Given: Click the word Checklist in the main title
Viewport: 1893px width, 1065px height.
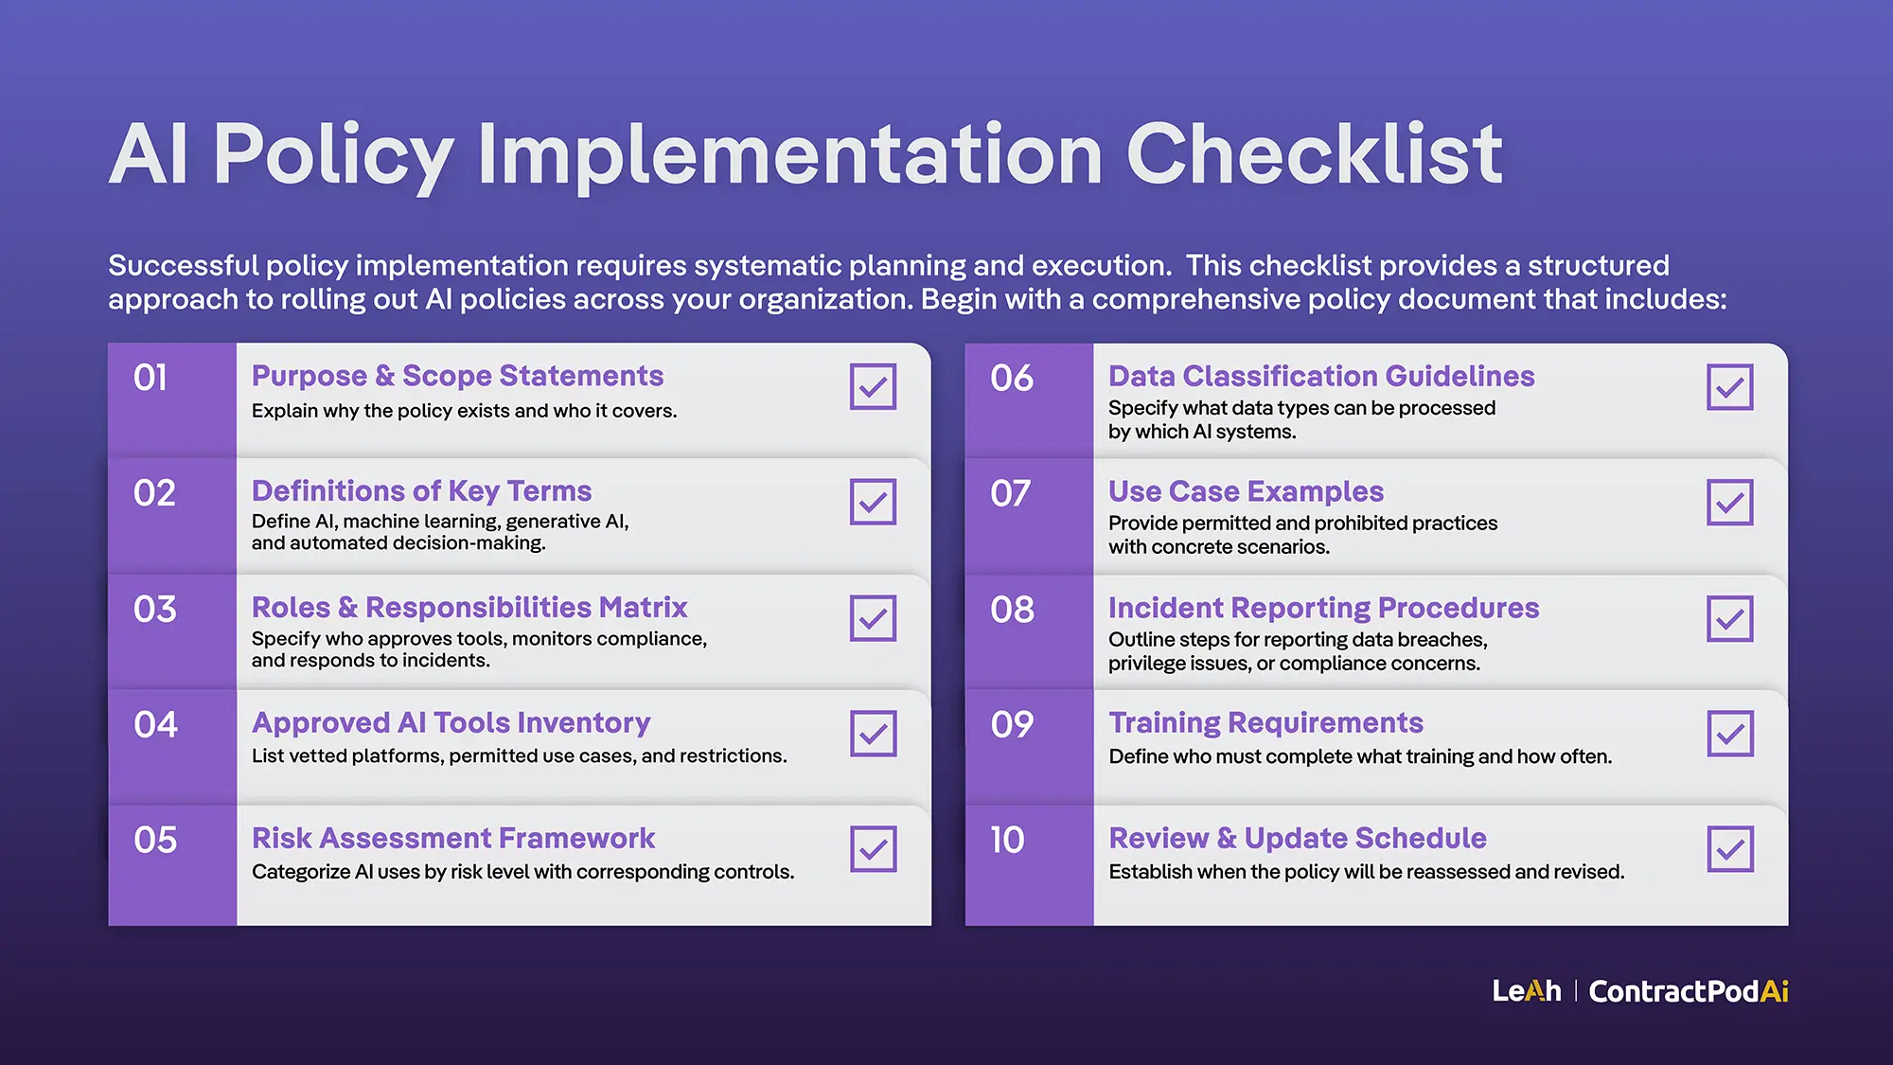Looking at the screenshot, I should (1313, 154).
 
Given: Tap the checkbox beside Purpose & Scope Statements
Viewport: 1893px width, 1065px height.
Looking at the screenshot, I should (873, 386).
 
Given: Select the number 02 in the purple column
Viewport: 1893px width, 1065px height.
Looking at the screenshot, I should (154, 493).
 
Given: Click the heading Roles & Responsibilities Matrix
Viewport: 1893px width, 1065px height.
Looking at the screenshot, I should (469, 607).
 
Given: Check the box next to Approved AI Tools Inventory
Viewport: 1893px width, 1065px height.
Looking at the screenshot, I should (873, 734).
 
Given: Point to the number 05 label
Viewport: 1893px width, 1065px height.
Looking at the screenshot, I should (155, 840).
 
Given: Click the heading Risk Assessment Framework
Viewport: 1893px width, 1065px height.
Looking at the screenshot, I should (453, 838).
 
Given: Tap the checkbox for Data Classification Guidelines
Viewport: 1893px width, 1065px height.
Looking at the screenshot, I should (1729, 386).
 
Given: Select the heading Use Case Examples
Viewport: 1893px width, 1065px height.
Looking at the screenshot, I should (1246, 491).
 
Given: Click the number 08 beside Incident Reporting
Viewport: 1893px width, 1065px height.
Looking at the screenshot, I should (1012, 609).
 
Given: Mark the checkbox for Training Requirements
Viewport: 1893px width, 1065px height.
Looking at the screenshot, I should (1729, 734).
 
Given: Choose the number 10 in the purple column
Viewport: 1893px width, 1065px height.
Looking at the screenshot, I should (1008, 840).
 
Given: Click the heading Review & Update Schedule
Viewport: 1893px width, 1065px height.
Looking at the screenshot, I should (1297, 838).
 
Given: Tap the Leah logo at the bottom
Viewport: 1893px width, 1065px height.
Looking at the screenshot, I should (1526, 991).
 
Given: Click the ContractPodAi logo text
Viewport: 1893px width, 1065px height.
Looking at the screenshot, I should (1689, 991).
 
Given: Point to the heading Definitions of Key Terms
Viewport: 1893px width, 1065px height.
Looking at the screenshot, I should (421, 491).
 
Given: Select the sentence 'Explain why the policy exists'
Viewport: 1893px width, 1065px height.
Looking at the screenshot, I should (464, 411).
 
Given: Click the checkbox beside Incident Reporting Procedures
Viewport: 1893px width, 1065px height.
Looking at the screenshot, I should (1729, 618).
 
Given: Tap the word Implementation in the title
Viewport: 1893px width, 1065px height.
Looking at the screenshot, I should (789, 154).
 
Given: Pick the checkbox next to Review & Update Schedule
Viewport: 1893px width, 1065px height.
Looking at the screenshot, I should (1729, 849).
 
